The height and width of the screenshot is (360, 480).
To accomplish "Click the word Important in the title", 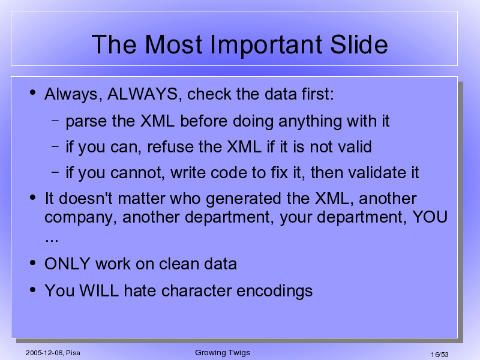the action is [x=266, y=46].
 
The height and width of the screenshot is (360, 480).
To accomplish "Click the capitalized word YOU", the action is [x=430, y=217].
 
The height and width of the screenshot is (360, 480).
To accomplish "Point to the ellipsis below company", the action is [x=52, y=240].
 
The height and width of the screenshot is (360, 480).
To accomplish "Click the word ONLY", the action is [x=67, y=263].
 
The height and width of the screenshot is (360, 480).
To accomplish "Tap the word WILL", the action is [x=99, y=290].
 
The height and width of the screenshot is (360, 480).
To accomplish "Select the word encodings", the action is [x=275, y=291].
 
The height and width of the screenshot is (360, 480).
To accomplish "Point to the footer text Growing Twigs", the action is [x=223, y=353].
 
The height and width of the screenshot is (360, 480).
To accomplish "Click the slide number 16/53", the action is [x=440, y=355].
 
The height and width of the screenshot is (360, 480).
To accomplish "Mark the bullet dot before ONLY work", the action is [x=33, y=263].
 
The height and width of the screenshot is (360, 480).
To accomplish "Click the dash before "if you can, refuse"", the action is [x=55, y=146].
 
